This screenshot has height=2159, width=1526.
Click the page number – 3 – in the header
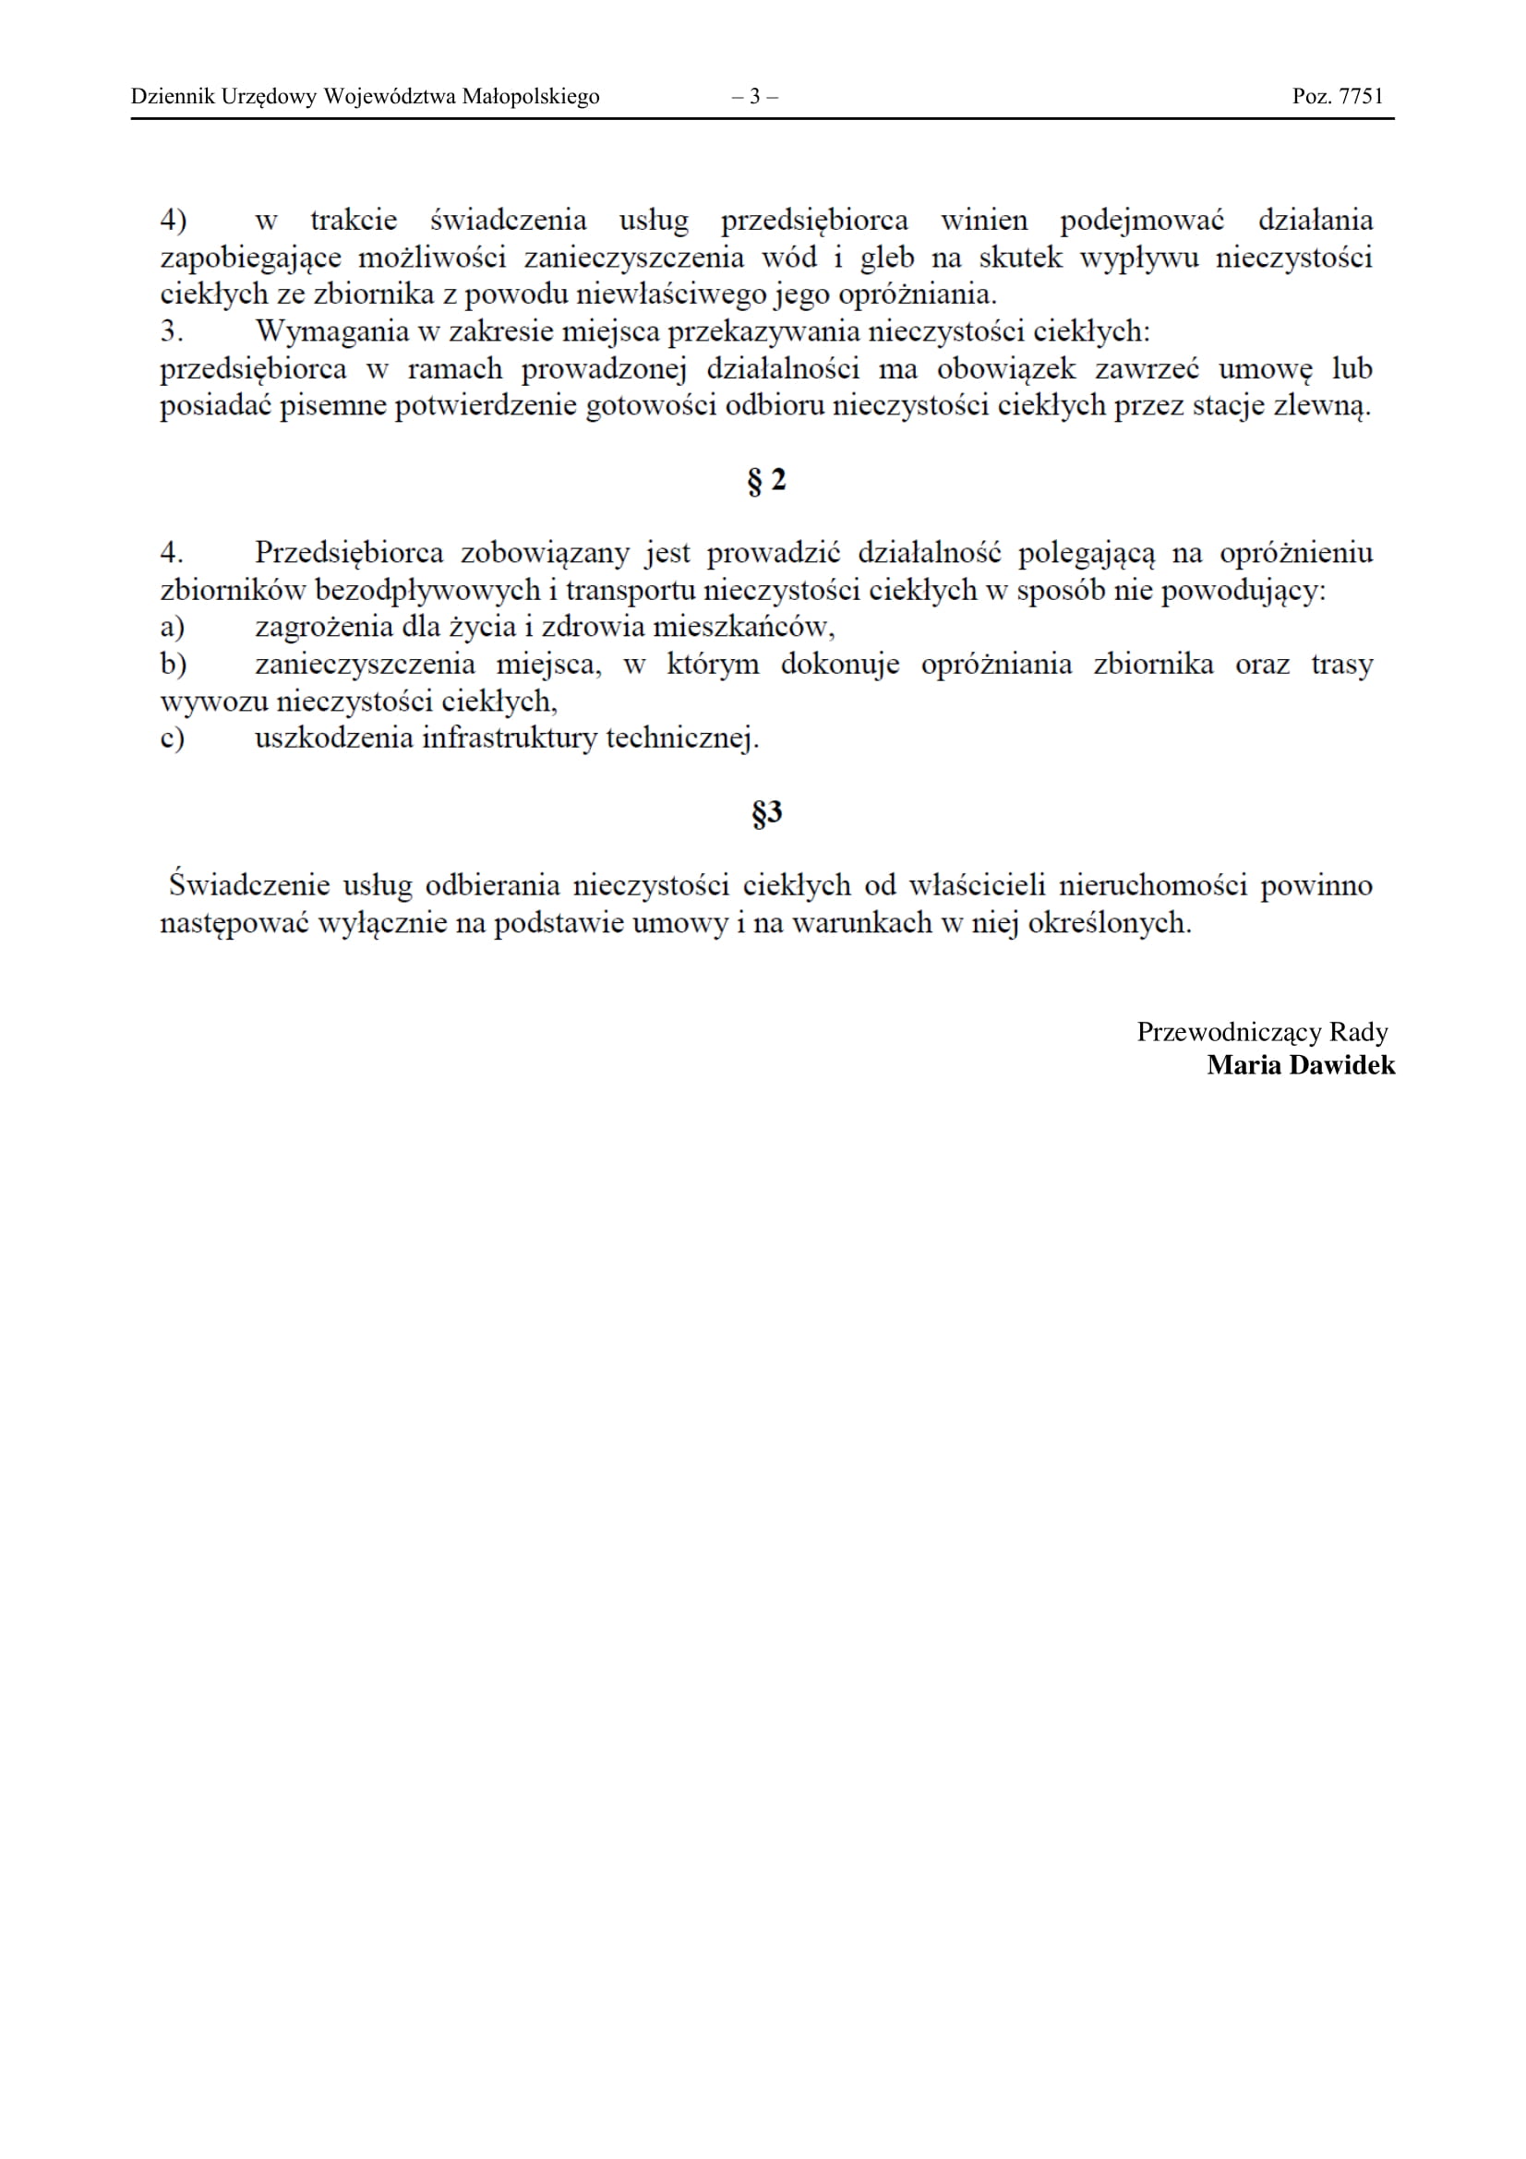coord(754,96)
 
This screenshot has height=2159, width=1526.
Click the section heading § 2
coord(766,481)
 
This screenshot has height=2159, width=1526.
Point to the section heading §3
coord(766,812)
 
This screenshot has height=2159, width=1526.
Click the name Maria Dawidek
coord(1301,1065)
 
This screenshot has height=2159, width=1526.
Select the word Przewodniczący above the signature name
coord(1229,1033)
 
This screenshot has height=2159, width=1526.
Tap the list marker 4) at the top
coord(173,221)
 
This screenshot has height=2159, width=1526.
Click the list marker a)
coord(172,627)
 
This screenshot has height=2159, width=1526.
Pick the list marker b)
coord(173,665)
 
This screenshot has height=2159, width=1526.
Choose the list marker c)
coord(172,738)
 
